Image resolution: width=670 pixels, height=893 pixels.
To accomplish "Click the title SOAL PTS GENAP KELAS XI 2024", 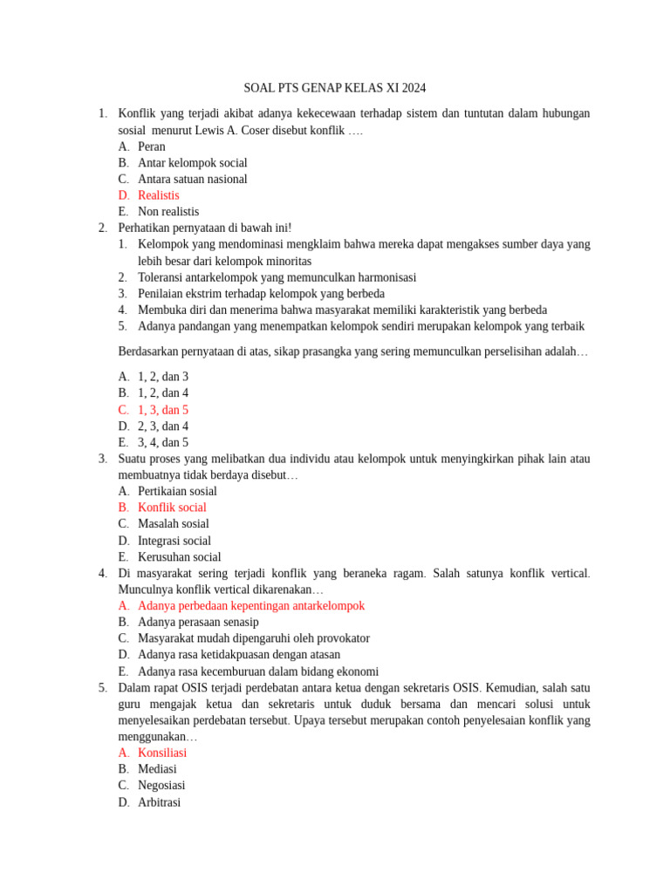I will [x=335, y=89].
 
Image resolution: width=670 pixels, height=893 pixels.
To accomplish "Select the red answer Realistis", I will [x=158, y=195].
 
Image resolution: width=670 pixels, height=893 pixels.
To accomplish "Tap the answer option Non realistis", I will [x=167, y=212].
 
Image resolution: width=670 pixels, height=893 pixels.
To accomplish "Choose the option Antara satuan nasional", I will [x=192, y=180].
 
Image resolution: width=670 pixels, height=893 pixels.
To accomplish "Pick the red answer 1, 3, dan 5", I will [x=162, y=410].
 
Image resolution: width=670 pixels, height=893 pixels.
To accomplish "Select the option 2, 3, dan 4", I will [x=162, y=426].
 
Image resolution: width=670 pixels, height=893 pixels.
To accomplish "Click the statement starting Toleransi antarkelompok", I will [x=277, y=277].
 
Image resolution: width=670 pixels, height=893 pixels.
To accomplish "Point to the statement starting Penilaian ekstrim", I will [x=261, y=294].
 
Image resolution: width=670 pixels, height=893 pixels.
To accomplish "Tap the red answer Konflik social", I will [x=172, y=508].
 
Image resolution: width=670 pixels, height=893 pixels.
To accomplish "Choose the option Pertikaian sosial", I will [x=177, y=491].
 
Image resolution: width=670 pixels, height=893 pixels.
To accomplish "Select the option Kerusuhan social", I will [x=179, y=557].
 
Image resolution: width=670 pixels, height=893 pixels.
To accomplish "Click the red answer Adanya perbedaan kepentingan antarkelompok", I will [x=251, y=606].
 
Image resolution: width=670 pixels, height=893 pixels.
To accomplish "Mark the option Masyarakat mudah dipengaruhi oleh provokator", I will [x=253, y=638].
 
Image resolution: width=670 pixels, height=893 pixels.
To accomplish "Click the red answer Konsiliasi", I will [x=161, y=753].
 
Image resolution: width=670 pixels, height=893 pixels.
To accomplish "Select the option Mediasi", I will [x=157, y=769].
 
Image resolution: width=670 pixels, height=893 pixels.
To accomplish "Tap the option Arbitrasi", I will [x=159, y=802].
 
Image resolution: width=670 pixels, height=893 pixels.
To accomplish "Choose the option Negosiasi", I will [x=161, y=786].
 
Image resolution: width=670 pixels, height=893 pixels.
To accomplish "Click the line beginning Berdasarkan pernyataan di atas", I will [x=352, y=351].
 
